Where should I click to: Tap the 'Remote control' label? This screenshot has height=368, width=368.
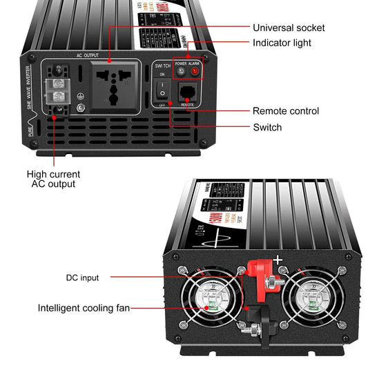tap(285, 110)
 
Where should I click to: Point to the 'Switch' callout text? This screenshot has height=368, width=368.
tap(267, 127)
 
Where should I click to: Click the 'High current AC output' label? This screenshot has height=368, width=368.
tap(53, 179)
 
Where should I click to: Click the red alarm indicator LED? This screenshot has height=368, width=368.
tap(195, 71)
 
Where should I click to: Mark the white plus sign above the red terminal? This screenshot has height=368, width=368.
tap(279, 260)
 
